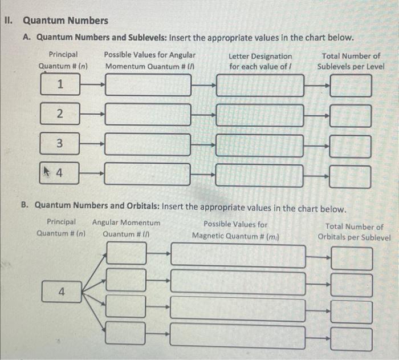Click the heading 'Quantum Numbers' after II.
pos(65,21)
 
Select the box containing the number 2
pos(59,114)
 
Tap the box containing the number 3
pos(59,143)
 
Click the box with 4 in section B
pos(62,292)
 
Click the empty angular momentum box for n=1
pos(148,86)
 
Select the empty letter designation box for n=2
pos(260,115)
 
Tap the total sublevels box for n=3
pos(350,146)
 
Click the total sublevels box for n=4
pos(350,175)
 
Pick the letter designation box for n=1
pos(260,86)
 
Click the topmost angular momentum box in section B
pos(126,253)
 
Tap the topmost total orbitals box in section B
pos(352,258)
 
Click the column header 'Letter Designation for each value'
pos(260,61)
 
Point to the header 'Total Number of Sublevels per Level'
pos(351,61)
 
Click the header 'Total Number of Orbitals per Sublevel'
pos(354,232)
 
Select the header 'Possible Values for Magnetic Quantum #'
pos(235,230)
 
